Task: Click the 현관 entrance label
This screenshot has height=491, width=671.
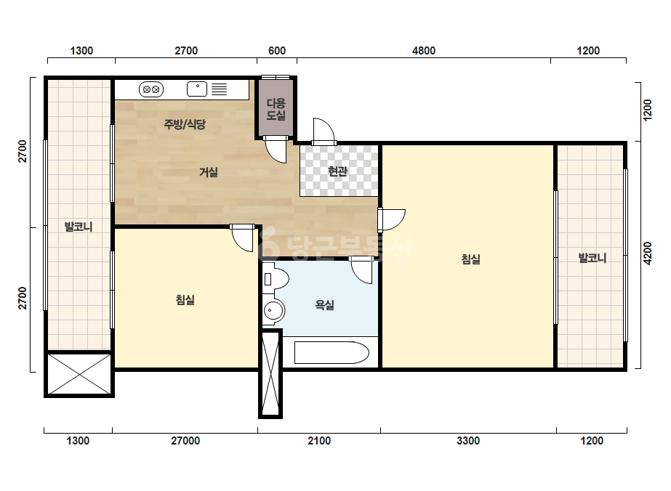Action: click(x=337, y=171)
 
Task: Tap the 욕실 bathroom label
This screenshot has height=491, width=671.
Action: click(x=324, y=305)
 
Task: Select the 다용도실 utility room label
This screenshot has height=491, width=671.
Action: click(x=276, y=109)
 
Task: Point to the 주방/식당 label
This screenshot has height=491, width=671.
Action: click(x=185, y=124)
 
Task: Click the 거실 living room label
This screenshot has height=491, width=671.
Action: click(x=209, y=172)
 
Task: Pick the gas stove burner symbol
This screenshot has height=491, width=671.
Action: click(x=151, y=89)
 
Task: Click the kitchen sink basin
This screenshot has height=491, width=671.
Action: click(x=197, y=89)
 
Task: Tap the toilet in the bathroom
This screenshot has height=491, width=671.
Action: click(x=276, y=278)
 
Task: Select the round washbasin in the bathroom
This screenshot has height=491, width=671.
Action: click(x=273, y=309)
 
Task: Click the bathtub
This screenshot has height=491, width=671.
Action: click(x=332, y=352)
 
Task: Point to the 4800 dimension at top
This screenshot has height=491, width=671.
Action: click(x=424, y=50)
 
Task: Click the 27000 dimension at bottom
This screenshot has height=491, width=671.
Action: click(x=185, y=441)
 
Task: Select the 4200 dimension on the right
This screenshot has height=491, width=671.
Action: click(x=648, y=253)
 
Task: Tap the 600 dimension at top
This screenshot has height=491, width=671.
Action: click(x=277, y=50)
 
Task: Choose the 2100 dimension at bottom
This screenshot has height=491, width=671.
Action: click(x=319, y=441)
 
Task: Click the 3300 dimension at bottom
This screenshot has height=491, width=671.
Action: click(x=468, y=441)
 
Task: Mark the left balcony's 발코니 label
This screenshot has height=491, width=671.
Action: click(x=79, y=227)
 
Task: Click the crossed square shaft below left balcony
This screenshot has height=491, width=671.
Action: click(x=79, y=374)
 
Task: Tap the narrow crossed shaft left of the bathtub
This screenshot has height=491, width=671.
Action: click(x=270, y=374)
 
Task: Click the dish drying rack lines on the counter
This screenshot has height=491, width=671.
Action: click(x=219, y=89)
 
